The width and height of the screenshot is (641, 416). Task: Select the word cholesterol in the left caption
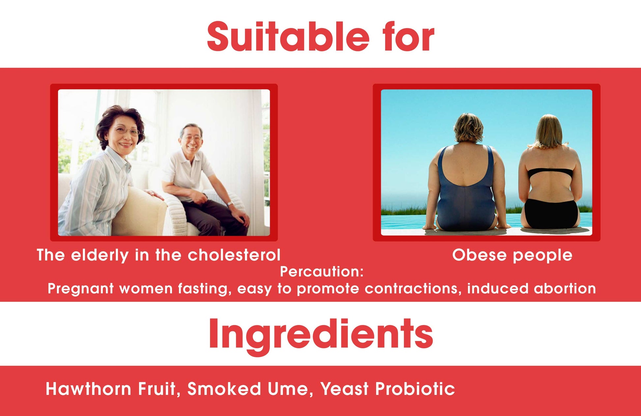pyautogui.click(x=234, y=255)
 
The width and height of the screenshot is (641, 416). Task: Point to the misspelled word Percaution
pyautogui.click(x=322, y=272)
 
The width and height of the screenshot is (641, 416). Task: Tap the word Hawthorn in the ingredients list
pyautogui.click(x=89, y=389)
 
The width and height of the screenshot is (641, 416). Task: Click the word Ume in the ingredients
pyautogui.click(x=288, y=389)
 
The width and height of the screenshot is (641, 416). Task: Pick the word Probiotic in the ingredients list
pyautogui.click(x=415, y=389)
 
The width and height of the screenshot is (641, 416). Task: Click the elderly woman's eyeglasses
pyautogui.click(x=127, y=131)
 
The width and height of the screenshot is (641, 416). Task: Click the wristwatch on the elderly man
pyautogui.click(x=230, y=204)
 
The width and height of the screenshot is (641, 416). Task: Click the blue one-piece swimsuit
pyautogui.click(x=465, y=191)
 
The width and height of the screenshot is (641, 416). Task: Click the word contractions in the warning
pyautogui.click(x=413, y=288)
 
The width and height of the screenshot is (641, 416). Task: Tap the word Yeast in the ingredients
pyautogui.click(x=344, y=389)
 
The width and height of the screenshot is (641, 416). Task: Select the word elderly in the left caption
pyautogui.click(x=100, y=256)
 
